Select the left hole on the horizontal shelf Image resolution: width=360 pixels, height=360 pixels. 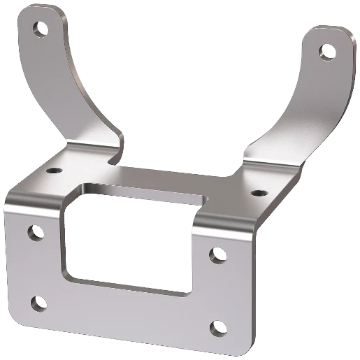click(54, 170)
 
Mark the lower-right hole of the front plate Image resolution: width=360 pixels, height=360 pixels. click(218, 326)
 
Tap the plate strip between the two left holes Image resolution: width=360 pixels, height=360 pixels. click(37, 267)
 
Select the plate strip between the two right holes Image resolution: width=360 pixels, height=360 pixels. click(219, 290)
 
